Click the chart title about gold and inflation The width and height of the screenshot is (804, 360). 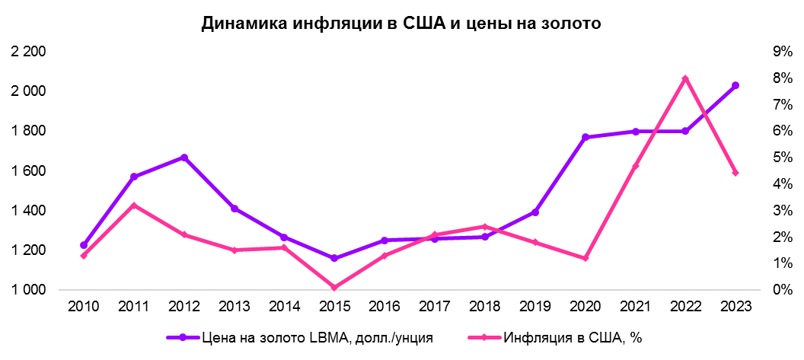coord(401,24)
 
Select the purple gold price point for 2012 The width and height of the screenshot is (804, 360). coord(183,158)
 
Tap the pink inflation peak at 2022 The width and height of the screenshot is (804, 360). coord(685,78)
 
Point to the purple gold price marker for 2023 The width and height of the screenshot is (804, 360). coord(735,85)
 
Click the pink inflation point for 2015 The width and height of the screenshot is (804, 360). coord(334,288)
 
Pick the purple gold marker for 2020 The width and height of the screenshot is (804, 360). coord(585,137)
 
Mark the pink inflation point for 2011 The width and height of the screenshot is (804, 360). coord(133,205)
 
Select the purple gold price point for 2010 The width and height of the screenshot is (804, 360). coord(84,245)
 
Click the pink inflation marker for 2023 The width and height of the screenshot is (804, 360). coord(735,173)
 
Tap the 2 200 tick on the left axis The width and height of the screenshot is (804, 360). coord(29,52)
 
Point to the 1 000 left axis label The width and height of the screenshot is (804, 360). coord(29,290)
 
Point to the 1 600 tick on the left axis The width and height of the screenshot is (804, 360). coord(29,170)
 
